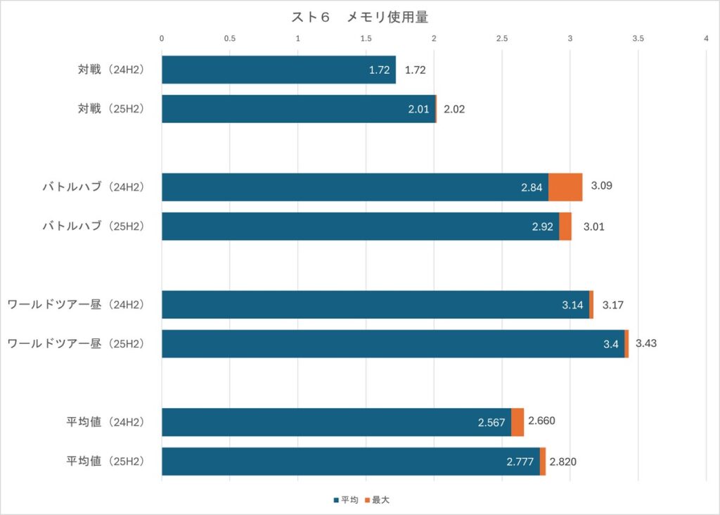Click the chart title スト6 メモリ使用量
click(x=359, y=17)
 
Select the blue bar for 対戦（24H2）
click(x=278, y=70)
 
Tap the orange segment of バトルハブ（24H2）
click(x=565, y=187)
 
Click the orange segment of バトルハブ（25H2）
click(x=565, y=227)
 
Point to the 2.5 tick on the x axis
click(x=502, y=39)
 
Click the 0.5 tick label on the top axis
click(x=230, y=39)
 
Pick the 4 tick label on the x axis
click(x=706, y=39)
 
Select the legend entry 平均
click(x=346, y=500)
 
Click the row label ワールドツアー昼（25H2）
click(x=75, y=344)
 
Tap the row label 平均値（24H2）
click(x=105, y=422)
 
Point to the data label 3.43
click(x=646, y=344)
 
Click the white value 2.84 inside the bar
click(x=532, y=188)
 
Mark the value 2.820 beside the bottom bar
click(x=564, y=462)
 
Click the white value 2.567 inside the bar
click(x=491, y=423)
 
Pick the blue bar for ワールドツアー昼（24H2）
click(x=375, y=305)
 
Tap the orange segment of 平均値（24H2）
click(x=517, y=422)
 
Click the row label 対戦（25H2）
click(x=111, y=109)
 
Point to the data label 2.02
click(x=454, y=109)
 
